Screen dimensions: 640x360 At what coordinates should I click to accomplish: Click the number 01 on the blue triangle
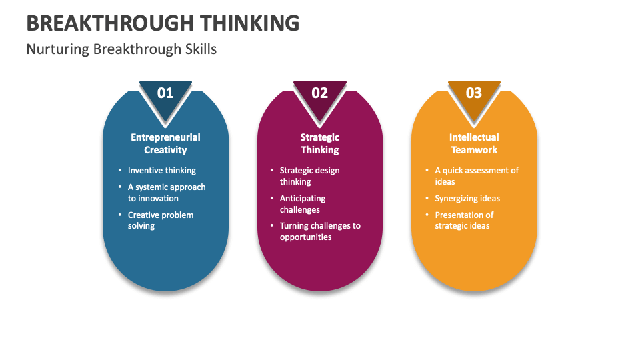pyautogui.click(x=165, y=93)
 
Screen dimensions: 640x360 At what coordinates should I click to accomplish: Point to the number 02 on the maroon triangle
pyautogui.click(x=320, y=93)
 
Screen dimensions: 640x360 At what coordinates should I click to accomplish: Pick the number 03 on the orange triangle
pyautogui.click(x=473, y=93)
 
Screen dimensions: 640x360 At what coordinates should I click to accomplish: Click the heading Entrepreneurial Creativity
pyautogui.click(x=165, y=143)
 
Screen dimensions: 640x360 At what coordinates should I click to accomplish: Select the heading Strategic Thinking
pyautogui.click(x=320, y=143)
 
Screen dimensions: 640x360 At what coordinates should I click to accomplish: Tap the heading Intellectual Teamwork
pyautogui.click(x=474, y=143)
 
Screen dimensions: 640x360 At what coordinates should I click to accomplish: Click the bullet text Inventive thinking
pyautogui.click(x=162, y=171)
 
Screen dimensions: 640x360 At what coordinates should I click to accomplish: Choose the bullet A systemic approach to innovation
pyautogui.click(x=167, y=193)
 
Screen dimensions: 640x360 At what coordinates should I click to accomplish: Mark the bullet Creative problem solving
pyautogui.click(x=161, y=220)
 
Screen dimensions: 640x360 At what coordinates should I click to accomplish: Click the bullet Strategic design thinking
pyautogui.click(x=309, y=176)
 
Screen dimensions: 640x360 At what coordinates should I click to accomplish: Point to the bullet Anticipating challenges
pyautogui.click(x=303, y=204)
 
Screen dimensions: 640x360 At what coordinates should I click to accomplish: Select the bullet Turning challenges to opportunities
pyautogui.click(x=320, y=231)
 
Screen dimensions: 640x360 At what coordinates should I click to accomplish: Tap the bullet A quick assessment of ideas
pyautogui.click(x=477, y=176)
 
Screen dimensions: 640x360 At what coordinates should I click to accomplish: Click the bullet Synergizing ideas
pyautogui.click(x=467, y=199)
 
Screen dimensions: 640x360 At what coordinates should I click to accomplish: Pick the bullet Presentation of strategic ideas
pyautogui.click(x=464, y=220)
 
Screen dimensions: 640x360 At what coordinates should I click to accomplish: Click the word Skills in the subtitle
pyautogui.click(x=202, y=49)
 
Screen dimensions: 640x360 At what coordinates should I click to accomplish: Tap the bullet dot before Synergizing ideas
pyautogui.click(x=427, y=199)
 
